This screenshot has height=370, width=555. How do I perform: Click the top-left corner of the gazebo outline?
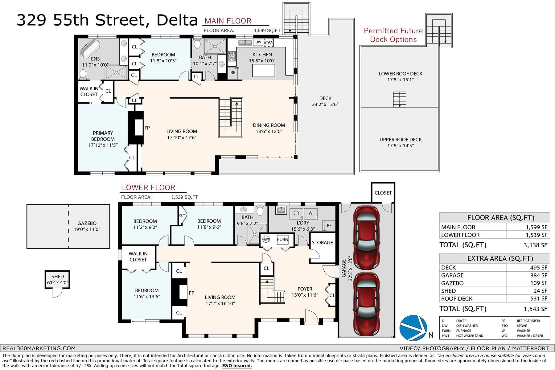27,205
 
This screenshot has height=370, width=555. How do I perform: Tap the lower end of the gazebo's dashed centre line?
68,248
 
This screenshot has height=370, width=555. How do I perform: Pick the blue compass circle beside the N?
413,328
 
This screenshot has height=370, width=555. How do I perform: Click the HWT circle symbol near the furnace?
266,240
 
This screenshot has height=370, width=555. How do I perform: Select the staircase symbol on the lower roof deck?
400,100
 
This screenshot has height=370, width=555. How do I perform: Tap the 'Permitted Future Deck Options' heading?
393,35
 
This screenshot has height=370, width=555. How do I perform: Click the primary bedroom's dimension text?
103,145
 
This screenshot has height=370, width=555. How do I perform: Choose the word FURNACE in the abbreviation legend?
464,331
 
